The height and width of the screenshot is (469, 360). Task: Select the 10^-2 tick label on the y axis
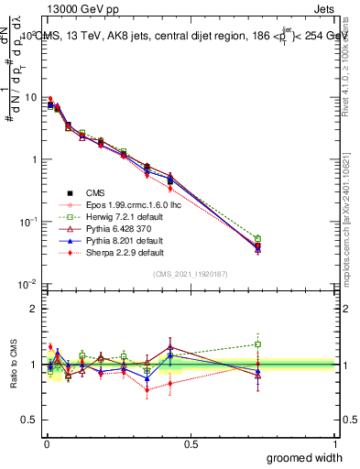25,284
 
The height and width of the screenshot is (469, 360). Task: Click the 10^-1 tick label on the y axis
25,222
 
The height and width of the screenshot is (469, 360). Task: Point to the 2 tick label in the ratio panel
34,309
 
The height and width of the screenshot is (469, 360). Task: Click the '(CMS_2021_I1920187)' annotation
190,273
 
